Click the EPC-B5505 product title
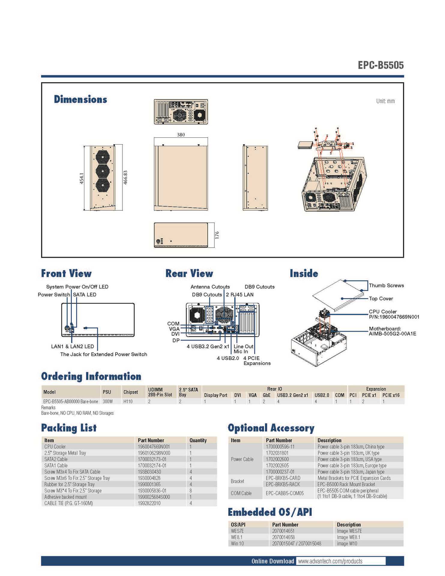[x=380, y=65]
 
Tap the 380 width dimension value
[x=181, y=135]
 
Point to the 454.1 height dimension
[x=82, y=178]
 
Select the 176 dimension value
[x=217, y=235]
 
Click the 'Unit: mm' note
[x=385, y=101]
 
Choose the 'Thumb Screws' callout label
[x=386, y=285]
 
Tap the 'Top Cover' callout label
[x=381, y=298]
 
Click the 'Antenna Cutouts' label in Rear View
[x=210, y=287]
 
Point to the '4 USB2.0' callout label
[x=228, y=358]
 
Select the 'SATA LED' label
[x=85, y=295]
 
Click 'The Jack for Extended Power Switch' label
[x=104, y=354]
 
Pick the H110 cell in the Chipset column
[x=128, y=401]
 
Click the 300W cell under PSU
[x=108, y=401]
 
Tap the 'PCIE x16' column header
[x=391, y=395]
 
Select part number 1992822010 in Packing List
[x=149, y=503]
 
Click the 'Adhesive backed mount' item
[x=65, y=497]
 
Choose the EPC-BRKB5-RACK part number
[x=283, y=484]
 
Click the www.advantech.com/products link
[x=330, y=561]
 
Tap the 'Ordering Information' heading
[x=91, y=376]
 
